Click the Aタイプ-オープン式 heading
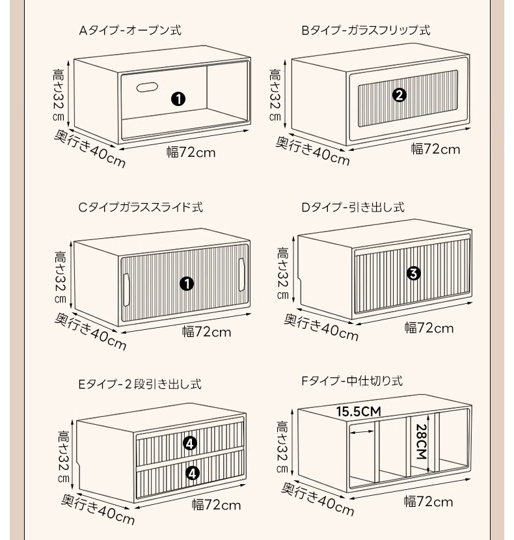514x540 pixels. (x=130, y=31)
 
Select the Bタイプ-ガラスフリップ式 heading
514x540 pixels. (x=366, y=31)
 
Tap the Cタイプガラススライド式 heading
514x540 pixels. (x=141, y=208)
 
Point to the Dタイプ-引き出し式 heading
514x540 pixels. (x=353, y=208)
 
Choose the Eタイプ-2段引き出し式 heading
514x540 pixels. (x=140, y=384)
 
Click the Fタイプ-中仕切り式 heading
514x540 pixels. (x=352, y=381)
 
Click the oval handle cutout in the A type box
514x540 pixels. (x=147, y=87)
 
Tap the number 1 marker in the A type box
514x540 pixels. (x=178, y=99)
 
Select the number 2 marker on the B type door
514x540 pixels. (x=399, y=95)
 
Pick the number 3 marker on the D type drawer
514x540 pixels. (x=413, y=273)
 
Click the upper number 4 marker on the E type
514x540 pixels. (x=190, y=443)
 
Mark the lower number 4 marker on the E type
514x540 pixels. (x=192, y=473)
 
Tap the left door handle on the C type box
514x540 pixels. (x=126, y=290)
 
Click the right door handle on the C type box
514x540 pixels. (x=241, y=275)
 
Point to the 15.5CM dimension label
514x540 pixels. (x=358, y=412)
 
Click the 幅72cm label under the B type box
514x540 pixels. (x=435, y=149)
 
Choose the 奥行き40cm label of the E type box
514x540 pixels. (x=98, y=509)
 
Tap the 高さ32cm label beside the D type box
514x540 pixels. (x=283, y=273)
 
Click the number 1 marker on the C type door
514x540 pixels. (x=187, y=284)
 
